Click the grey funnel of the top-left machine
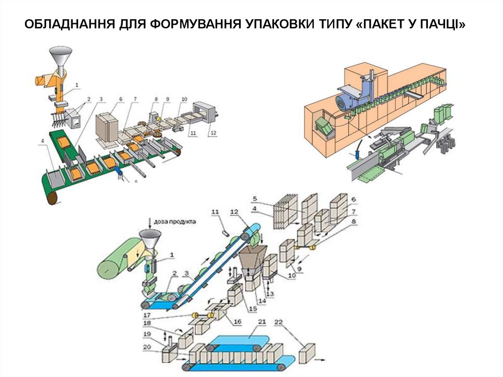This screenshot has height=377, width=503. coord(60,55)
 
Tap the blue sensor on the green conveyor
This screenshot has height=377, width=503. coord(119,172)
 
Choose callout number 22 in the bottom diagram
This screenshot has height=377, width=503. coord(279,322)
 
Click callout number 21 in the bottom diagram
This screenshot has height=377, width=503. coord(262,322)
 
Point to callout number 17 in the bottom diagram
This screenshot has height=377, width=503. coord(147,315)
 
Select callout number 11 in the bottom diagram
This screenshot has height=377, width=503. coord(214,212)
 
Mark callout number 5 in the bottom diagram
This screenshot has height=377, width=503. coord(255,199)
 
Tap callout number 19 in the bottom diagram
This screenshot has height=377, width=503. coord(147,334)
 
